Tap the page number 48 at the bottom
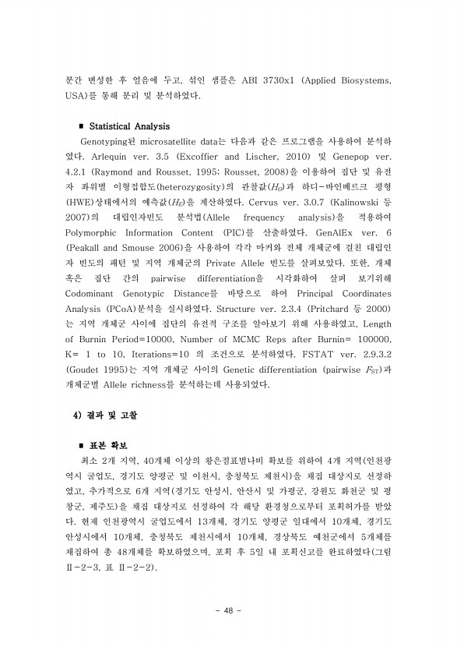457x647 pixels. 229,609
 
